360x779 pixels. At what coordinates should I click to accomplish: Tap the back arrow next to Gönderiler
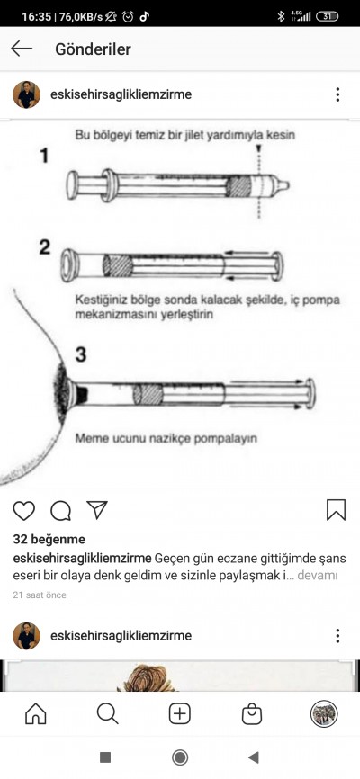(x=22, y=49)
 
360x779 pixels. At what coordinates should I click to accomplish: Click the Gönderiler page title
(x=93, y=49)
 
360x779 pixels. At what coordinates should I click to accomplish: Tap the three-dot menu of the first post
(x=337, y=94)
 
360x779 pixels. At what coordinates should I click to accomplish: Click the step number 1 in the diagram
(x=45, y=156)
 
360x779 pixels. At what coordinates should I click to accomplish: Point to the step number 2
(x=45, y=246)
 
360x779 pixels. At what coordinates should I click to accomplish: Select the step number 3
(x=81, y=354)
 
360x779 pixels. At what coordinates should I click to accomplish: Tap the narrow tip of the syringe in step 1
(x=283, y=186)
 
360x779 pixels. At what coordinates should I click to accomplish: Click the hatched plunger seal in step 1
(x=238, y=186)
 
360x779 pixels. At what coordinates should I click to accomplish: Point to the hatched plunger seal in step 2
(x=118, y=265)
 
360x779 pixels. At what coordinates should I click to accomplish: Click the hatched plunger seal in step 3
(x=148, y=395)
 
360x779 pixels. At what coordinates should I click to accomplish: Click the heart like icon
(x=24, y=511)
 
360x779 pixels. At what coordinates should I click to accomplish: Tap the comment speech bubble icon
(x=60, y=511)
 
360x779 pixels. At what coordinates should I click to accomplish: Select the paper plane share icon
(x=97, y=510)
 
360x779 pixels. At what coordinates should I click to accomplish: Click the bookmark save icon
(x=336, y=510)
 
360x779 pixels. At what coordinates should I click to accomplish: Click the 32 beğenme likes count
(x=49, y=540)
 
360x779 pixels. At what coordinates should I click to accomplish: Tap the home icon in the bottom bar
(x=36, y=714)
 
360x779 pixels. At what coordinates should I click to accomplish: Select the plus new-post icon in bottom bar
(x=180, y=714)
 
